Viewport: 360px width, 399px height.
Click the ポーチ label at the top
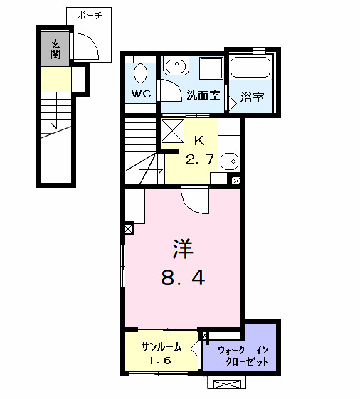pos(90,14)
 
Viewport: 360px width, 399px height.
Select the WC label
pos(141,93)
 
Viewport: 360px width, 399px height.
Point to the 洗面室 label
pos(202,95)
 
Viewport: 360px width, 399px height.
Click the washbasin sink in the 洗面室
pos(174,67)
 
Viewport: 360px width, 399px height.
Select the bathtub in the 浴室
pos(250,70)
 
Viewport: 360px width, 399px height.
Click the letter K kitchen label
pos(199,140)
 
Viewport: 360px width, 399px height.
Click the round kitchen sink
pos(229,160)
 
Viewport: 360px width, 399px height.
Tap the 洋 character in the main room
pos(182,250)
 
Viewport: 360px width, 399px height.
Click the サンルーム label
pos(161,348)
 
